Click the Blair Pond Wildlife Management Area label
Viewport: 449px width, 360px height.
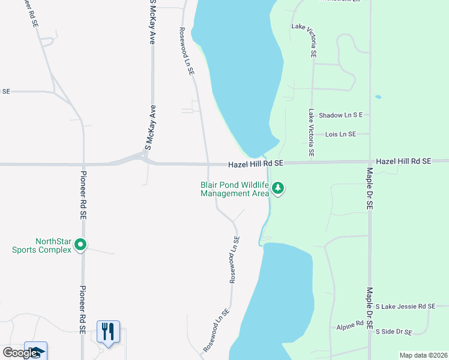point(235,189)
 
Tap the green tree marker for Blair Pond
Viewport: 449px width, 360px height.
point(277,189)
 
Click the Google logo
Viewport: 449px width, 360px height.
point(20,353)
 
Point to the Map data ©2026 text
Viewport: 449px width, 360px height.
point(423,355)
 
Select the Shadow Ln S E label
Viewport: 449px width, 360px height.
point(341,115)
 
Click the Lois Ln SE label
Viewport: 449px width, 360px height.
point(340,134)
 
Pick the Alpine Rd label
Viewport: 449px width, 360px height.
point(351,325)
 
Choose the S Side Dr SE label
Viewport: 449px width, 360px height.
point(394,331)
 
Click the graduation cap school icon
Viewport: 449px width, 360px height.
point(35,352)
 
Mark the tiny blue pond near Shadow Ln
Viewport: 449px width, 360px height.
point(378,97)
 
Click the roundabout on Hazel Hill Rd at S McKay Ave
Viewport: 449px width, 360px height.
point(143,157)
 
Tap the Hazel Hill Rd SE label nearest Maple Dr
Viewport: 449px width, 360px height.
point(403,161)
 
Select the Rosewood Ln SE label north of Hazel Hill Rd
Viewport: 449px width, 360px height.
point(187,50)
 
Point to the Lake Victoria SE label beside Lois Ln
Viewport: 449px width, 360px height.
point(311,133)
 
